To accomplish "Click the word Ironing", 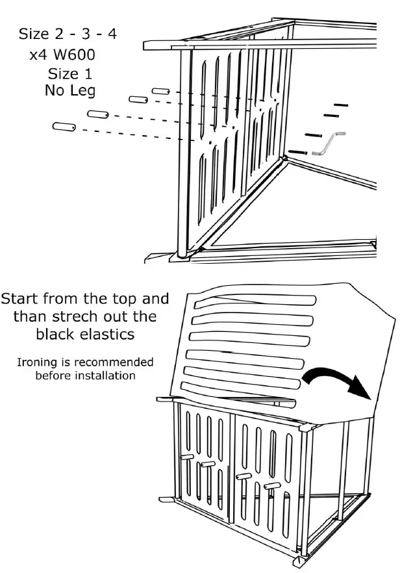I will (38, 362).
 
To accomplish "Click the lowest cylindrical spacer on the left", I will (64, 127).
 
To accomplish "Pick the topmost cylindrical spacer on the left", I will (161, 90).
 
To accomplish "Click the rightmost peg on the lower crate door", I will (273, 485).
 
